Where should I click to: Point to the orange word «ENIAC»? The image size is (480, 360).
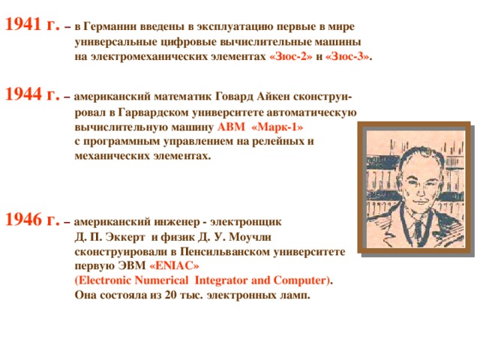(x=175, y=266)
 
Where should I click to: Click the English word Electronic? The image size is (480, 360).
(x=109, y=280)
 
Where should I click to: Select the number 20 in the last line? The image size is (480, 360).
(x=170, y=295)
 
